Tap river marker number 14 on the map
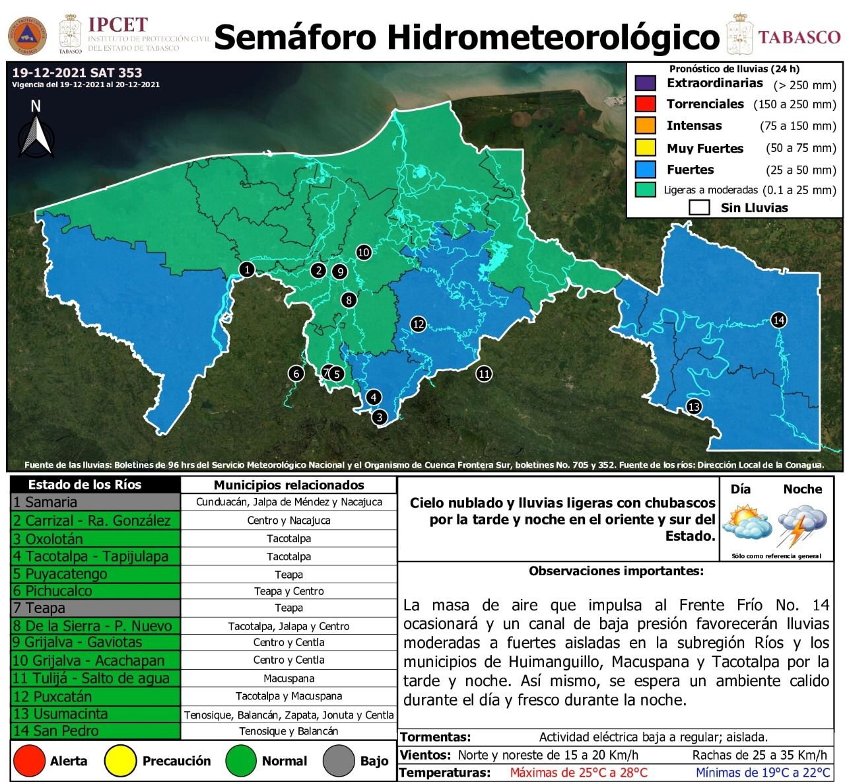point(778,320)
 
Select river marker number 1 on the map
point(247,269)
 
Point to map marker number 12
point(418,324)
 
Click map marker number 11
point(484,374)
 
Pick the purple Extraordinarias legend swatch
point(645,83)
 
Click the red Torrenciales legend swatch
point(645,104)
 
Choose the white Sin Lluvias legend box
point(699,207)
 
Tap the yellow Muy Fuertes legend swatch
point(645,147)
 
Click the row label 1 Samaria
point(95,502)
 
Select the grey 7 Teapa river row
point(95,608)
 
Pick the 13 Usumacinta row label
point(95,714)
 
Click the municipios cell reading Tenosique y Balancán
point(288,731)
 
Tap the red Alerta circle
point(29,761)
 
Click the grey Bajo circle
point(339,761)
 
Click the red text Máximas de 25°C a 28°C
point(578,773)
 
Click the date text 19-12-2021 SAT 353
point(77,73)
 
